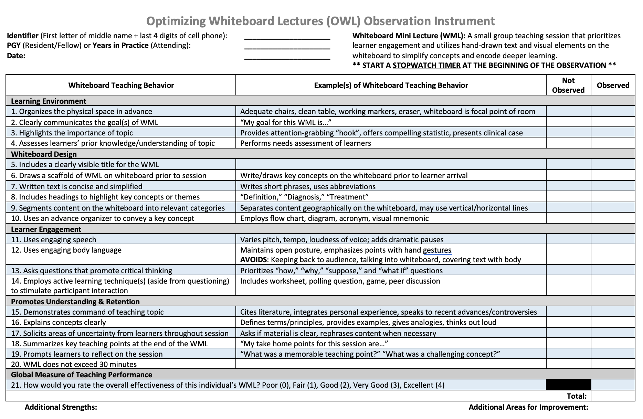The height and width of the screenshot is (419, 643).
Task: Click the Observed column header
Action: [613, 85]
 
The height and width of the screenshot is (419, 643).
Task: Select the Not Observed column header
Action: [568, 85]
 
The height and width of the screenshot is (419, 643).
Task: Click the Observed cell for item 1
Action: [613, 111]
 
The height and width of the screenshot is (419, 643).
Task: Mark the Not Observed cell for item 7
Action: [568, 186]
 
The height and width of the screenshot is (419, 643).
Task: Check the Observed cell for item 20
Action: [613, 364]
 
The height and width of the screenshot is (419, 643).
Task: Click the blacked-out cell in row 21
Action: [568, 385]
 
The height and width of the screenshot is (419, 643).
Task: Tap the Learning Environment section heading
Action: [49, 101]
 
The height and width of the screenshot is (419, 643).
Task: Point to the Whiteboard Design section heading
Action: [44, 154]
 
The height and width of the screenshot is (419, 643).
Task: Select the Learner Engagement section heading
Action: [46, 229]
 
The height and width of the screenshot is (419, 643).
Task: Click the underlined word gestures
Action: [437, 250]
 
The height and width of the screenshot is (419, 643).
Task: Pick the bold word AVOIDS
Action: [253, 260]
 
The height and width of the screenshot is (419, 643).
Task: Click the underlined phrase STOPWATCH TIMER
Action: [426, 65]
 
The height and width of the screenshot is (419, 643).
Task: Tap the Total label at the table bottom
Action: [577, 396]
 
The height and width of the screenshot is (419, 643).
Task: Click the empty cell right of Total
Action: [613, 396]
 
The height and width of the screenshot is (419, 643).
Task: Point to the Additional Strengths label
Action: [61, 407]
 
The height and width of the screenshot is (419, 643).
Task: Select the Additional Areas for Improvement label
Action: [528, 407]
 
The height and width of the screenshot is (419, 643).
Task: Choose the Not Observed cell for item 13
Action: [568, 270]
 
